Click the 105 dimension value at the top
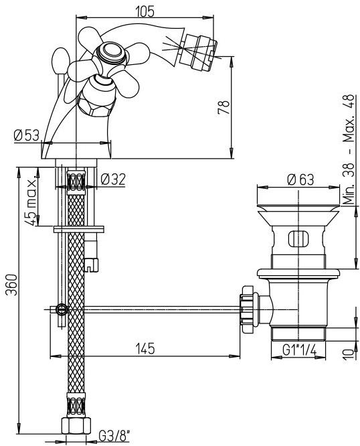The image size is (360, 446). [145, 11]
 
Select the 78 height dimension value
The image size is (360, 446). [224, 107]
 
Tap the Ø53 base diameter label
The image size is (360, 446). [26, 135]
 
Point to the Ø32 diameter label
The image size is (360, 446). [113, 179]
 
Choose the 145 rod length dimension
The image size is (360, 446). [145, 348]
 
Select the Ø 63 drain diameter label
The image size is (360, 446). [300, 179]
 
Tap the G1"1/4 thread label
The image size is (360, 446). [300, 350]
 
